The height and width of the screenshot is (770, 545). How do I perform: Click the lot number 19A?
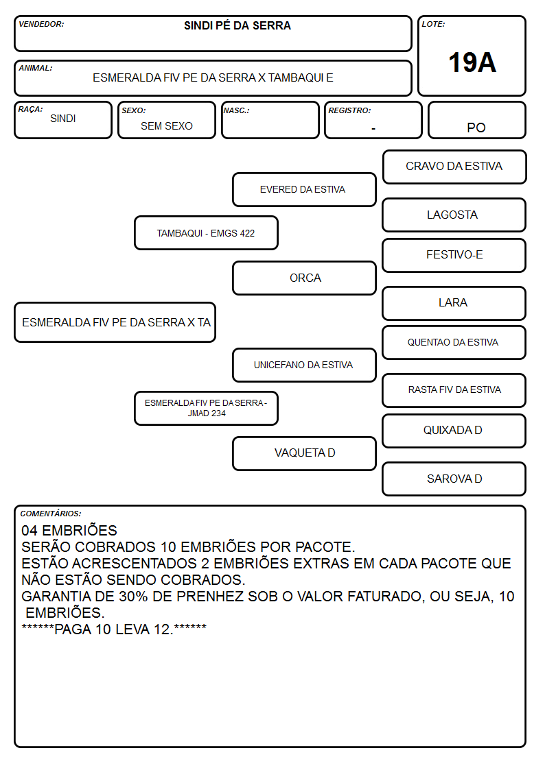(472, 62)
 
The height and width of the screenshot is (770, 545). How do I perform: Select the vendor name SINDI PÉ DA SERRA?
(237, 25)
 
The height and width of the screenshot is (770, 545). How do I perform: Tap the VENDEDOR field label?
(41, 24)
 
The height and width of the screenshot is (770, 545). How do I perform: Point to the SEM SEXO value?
(167, 125)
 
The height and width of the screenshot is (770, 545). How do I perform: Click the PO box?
(476, 120)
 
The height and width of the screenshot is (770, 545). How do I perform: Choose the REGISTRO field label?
(349, 110)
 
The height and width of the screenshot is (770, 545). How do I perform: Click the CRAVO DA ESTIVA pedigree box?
(454, 167)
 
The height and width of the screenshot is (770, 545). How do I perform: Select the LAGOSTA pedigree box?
(454, 215)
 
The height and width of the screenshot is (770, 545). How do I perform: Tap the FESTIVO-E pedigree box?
(454, 255)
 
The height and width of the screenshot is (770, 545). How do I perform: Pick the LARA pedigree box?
(454, 303)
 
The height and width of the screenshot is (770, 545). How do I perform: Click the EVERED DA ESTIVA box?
(304, 189)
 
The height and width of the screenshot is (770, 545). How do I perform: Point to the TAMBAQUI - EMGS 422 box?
(206, 232)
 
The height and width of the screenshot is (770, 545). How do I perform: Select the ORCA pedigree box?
(304, 278)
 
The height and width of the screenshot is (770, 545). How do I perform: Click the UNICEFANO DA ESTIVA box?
(304, 365)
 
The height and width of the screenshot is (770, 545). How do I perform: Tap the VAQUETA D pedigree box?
(304, 453)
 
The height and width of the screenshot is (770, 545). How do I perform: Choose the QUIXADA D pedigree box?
(454, 431)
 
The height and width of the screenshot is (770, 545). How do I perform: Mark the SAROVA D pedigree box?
(454, 479)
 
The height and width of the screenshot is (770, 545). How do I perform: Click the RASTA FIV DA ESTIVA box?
(454, 390)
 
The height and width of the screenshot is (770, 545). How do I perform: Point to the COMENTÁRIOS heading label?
(51, 514)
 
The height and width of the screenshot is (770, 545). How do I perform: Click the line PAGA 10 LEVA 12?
(114, 629)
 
